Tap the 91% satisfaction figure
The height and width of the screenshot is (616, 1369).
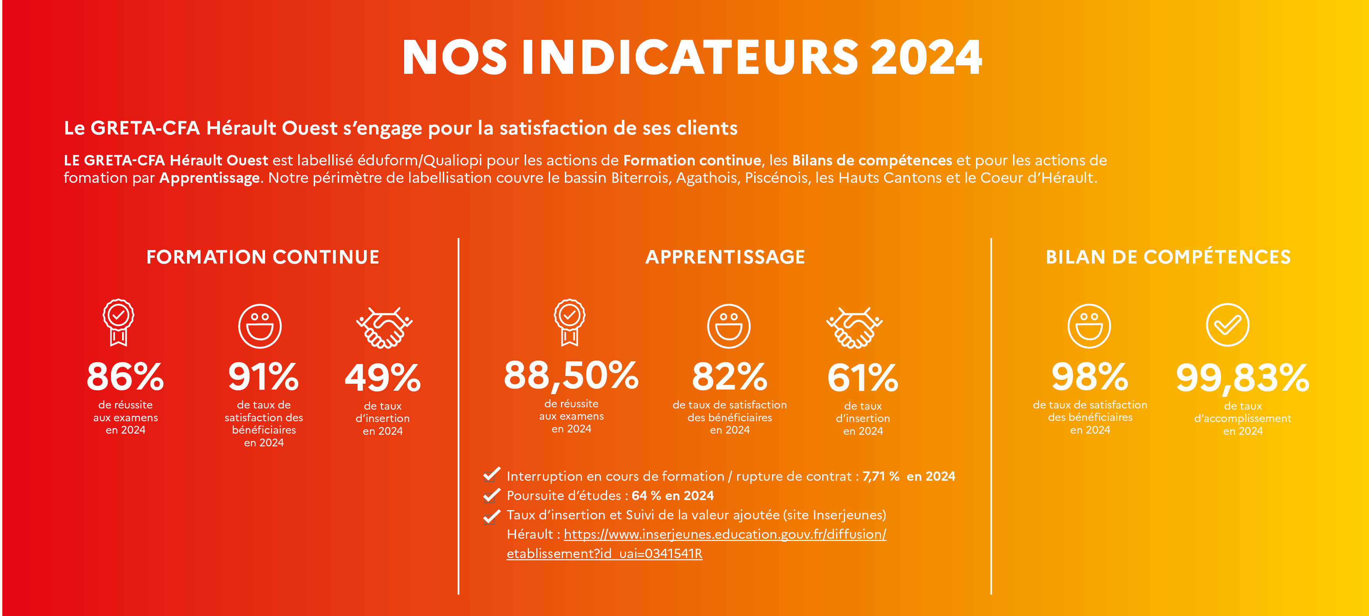pyautogui.click(x=263, y=376)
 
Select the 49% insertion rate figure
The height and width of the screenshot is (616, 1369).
pyautogui.click(x=383, y=377)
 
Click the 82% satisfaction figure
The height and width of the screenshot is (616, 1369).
pyautogui.click(x=729, y=376)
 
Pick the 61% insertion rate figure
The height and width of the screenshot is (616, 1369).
pyautogui.click(x=862, y=377)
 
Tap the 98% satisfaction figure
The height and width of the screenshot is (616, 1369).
pyautogui.click(x=1090, y=376)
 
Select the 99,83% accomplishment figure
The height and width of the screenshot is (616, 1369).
pyautogui.click(x=1243, y=377)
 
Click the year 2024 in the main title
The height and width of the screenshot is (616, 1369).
pyautogui.click(x=926, y=58)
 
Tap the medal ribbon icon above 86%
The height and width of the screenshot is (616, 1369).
pyautogui.click(x=118, y=322)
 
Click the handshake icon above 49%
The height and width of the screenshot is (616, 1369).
pyautogui.click(x=384, y=327)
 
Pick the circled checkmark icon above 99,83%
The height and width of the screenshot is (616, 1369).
pyautogui.click(x=1227, y=325)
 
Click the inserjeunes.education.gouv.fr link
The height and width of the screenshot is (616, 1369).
pyautogui.click(x=725, y=534)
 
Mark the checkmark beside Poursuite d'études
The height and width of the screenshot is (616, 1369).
pyautogui.click(x=491, y=495)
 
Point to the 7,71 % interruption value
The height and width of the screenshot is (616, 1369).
pyautogui.click(x=881, y=476)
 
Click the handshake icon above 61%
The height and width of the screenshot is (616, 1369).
pyautogui.click(x=854, y=327)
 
